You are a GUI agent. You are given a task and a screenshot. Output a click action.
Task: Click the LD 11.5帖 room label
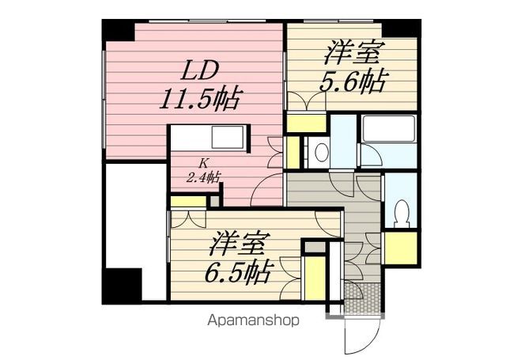click(x=200, y=85)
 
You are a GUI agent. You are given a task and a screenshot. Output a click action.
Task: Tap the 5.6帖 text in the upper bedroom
click(x=353, y=82)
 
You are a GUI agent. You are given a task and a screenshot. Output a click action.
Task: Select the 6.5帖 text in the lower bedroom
click(x=238, y=272)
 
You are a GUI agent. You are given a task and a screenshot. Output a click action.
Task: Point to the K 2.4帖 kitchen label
click(x=203, y=171)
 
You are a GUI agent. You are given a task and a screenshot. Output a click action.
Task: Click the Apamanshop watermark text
click(x=253, y=320)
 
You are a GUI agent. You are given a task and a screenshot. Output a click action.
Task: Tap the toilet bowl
click(x=402, y=213)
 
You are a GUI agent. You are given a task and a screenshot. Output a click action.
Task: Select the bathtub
click(x=388, y=129)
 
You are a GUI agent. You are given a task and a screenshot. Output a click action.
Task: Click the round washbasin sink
click(x=321, y=152)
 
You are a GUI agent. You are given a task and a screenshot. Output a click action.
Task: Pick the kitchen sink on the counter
click(x=228, y=137)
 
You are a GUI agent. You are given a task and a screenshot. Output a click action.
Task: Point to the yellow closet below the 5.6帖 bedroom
click(x=306, y=123)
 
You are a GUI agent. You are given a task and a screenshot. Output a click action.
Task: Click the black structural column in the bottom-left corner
click(x=122, y=285)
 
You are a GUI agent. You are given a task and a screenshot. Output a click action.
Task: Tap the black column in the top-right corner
click(x=402, y=28)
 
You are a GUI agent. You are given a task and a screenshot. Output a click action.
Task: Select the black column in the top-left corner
click(x=118, y=30)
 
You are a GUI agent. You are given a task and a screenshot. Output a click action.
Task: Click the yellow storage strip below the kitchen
click(x=188, y=202)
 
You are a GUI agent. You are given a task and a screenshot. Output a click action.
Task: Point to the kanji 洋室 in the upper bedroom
click(x=353, y=53)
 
